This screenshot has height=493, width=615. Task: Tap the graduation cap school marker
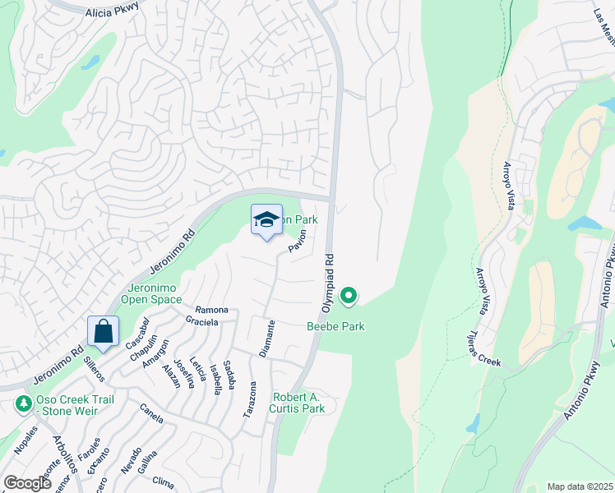[x=266, y=220]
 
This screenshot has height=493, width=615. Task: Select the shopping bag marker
[x=104, y=333]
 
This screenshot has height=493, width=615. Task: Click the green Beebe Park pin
[x=349, y=295]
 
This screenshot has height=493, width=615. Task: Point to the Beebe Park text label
[x=335, y=327]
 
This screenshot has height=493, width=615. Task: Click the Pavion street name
[x=297, y=241]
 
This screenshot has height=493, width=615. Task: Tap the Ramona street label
[x=211, y=310]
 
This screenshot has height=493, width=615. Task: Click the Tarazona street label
[x=250, y=399]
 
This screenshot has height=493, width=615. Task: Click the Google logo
[x=27, y=483]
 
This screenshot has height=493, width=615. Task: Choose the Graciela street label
[x=201, y=322]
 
